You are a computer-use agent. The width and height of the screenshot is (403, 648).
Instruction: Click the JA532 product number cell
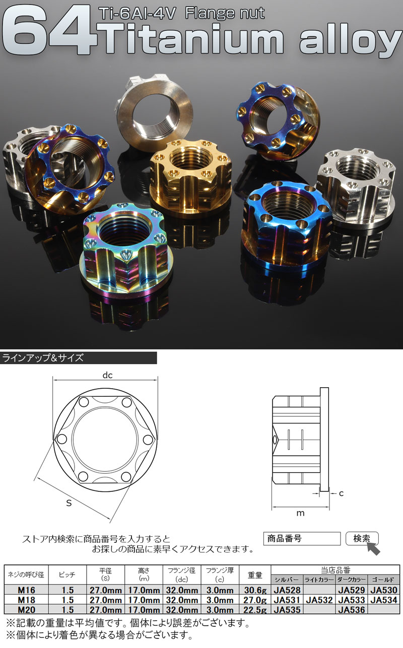(x=319, y=600)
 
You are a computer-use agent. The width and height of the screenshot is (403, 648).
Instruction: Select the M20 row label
(x=26, y=610)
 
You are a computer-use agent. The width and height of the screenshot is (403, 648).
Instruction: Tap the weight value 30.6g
(x=255, y=590)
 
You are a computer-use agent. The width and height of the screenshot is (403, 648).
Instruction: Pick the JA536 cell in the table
(x=352, y=610)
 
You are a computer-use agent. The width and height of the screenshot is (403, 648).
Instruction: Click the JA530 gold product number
(x=384, y=590)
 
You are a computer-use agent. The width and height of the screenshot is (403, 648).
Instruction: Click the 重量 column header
(x=255, y=575)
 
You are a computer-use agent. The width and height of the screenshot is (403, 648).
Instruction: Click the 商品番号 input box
(x=302, y=539)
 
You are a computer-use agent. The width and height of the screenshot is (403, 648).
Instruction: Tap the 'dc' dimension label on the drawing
(x=107, y=375)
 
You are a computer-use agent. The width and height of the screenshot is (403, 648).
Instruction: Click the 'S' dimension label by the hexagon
(x=69, y=503)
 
